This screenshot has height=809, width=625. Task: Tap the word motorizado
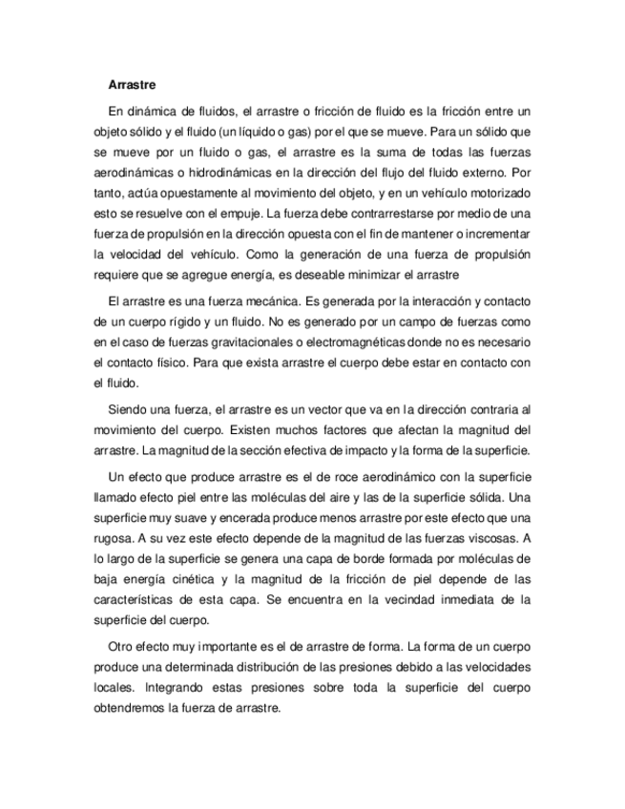coord(497,194)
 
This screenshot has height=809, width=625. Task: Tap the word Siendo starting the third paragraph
coord(130,407)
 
